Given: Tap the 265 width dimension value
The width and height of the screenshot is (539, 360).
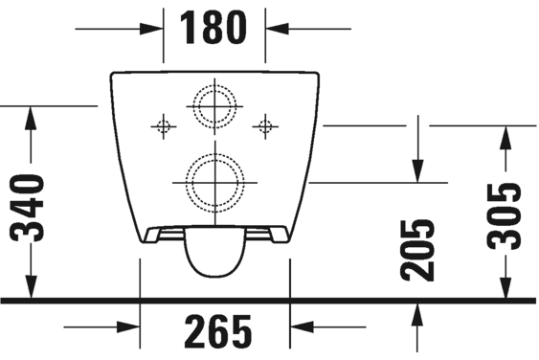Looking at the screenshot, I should tap(216, 330).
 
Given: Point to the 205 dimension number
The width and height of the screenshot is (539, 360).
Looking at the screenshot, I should tap(417, 250).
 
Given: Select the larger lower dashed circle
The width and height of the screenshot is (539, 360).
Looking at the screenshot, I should tap(215, 179).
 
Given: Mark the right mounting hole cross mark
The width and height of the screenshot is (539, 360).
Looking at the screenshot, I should tap(266, 124).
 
